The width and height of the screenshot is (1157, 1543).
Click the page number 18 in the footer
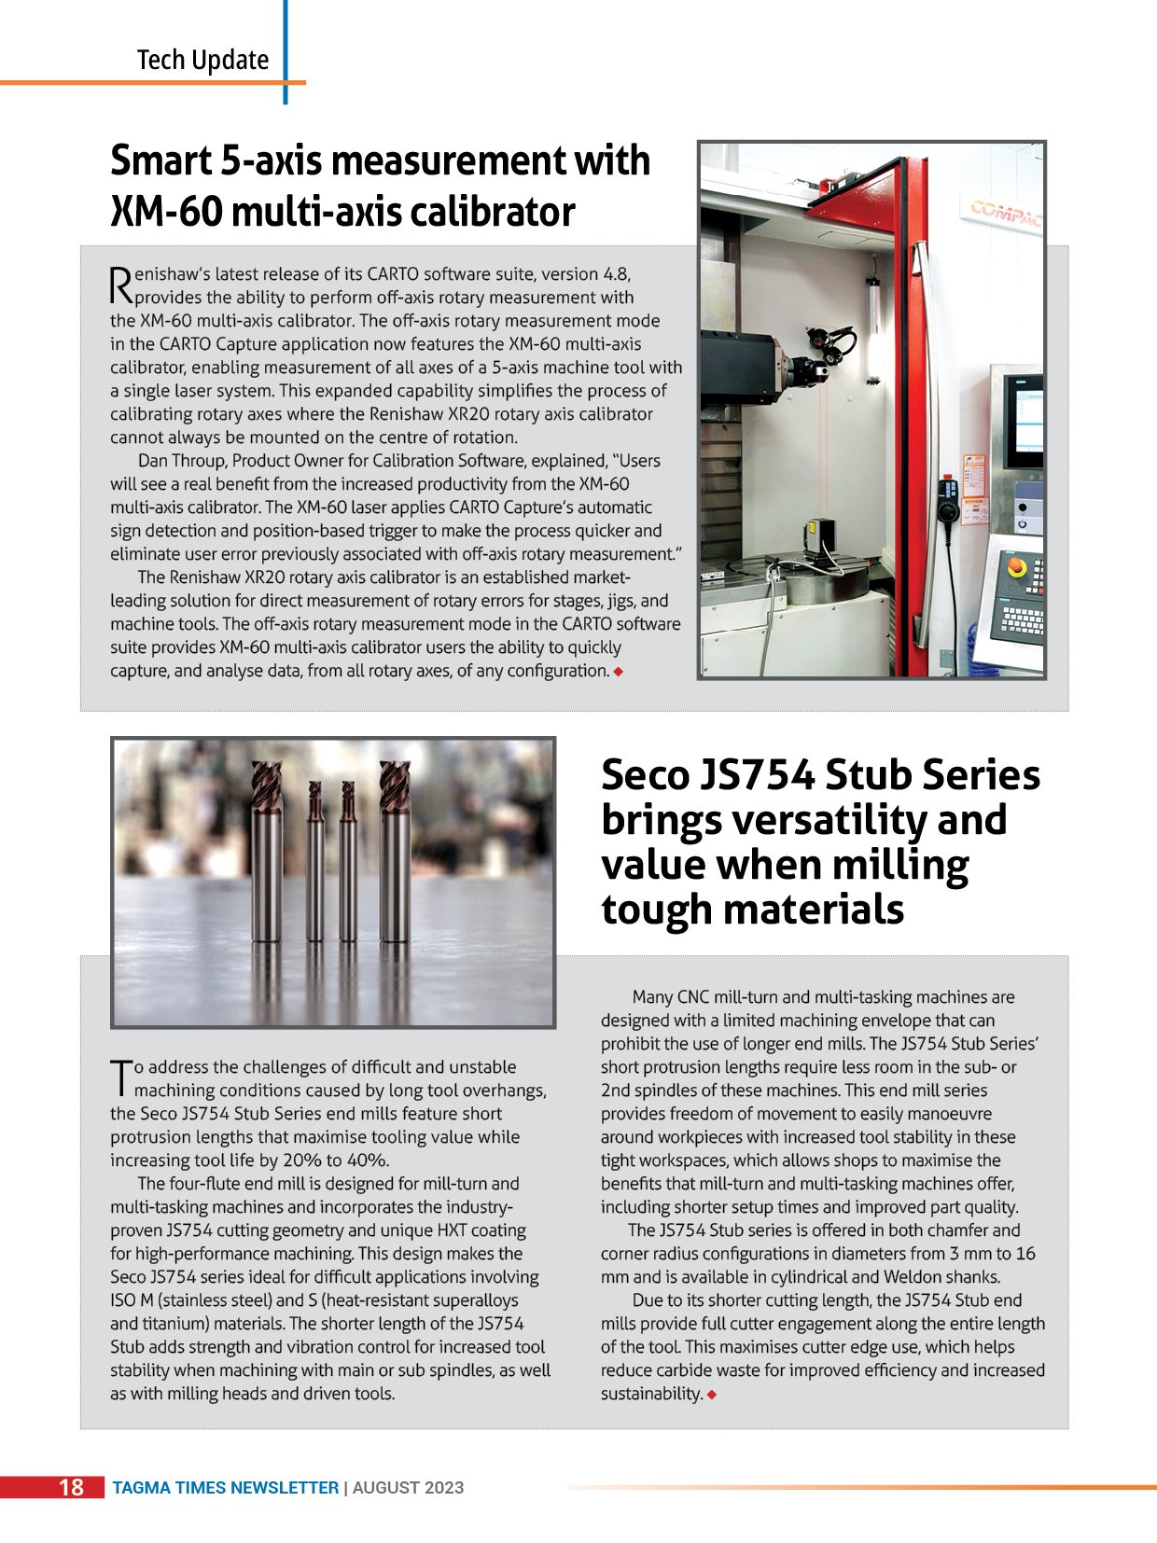71,1487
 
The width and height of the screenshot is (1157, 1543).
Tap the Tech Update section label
202,60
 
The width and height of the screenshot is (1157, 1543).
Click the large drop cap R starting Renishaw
121,285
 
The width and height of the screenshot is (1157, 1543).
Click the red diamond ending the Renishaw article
618,672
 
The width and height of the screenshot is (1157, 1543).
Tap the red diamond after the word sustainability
712,1395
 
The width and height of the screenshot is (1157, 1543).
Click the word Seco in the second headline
643,775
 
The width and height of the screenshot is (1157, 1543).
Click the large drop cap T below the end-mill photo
120,1077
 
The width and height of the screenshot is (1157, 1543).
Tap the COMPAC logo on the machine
1006,213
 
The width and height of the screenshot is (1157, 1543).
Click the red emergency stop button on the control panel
1017,567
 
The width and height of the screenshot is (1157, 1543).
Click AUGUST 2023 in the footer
408,1488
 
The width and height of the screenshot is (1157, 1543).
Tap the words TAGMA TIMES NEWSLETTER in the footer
225,1488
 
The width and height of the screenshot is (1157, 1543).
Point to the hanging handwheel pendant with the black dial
949,505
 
